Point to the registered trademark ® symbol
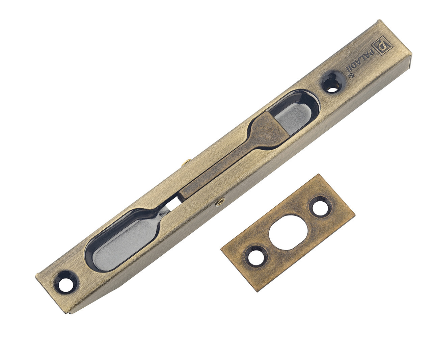coord(351,76)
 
